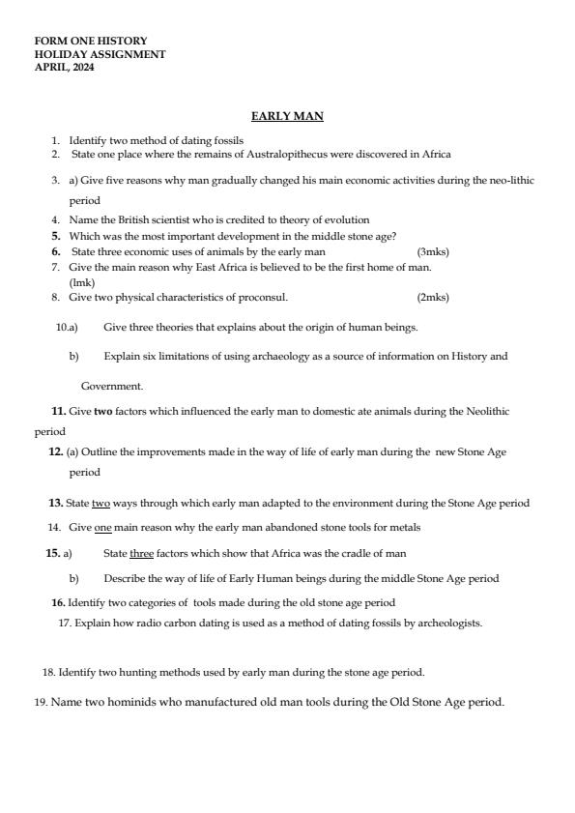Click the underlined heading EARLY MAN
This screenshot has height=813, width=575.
tap(287, 116)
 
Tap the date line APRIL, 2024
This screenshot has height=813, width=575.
tap(65, 67)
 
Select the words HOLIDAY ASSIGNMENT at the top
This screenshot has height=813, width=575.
tap(100, 54)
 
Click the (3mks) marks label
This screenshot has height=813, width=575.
tap(433, 251)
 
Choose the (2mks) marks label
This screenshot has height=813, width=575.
tap(433, 297)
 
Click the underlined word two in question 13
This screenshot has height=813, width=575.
tap(101, 503)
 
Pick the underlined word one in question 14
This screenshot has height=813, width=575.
tap(103, 527)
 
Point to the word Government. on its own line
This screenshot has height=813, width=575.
tap(112, 386)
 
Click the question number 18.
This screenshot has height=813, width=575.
tap(48, 672)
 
